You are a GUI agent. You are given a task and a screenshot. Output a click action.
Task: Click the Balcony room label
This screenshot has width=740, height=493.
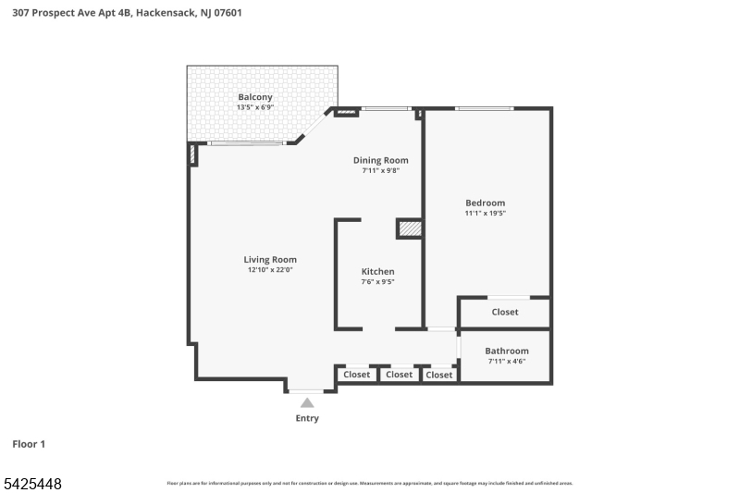click(x=255, y=97)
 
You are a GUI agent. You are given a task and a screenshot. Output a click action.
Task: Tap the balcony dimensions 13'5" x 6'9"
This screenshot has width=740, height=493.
click(x=255, y=107)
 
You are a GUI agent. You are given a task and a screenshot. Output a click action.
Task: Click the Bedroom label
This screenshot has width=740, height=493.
click(x=485, y=203)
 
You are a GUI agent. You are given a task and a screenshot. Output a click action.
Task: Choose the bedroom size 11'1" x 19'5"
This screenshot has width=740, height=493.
click(x=485, y=213)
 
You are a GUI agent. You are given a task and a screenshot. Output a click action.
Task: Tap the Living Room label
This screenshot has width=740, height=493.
click(x=270, y=260)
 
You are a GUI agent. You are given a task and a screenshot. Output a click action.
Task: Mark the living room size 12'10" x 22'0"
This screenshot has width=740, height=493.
click(x=270, y=270)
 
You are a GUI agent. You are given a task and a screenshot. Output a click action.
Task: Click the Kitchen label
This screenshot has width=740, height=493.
click(x=377, y=271)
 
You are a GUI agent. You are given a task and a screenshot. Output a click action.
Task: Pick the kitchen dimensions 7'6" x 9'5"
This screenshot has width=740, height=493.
click(x=377, y=281)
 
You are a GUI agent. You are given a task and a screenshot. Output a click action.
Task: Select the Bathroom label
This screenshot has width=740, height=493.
click(x=507, y=351)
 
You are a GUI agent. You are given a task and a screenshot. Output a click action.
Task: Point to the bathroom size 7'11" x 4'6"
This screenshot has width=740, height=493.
click(x=507, y=361)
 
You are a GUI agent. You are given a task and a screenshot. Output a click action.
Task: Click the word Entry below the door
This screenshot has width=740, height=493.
click(x=307, y=418)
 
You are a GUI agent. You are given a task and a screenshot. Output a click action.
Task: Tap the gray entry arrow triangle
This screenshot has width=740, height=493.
click(x=307, y=402)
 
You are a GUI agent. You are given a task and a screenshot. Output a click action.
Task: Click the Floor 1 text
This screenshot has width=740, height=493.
click(x=29, y=444)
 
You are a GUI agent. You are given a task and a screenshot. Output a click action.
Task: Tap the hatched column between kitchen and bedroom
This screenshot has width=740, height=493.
click(x=410, y=228)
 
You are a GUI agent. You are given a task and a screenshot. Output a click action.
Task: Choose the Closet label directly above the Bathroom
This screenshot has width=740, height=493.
click(x=505, y=312)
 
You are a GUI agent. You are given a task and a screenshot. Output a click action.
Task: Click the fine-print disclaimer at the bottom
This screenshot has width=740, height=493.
click(x=369, y=483)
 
